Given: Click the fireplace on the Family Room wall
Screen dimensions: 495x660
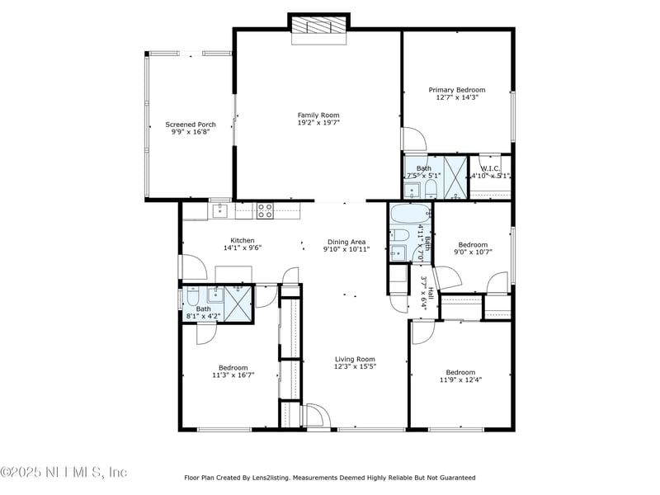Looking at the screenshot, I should point(318,26).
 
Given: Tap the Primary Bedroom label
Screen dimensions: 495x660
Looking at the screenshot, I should point(456,90).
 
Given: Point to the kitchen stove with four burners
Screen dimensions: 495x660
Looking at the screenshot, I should point(265,210).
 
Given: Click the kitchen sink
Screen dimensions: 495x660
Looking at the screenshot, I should point(220,211).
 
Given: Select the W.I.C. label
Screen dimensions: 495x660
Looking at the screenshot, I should point(490,168).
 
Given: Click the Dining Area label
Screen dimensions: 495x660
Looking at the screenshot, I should point(346,242).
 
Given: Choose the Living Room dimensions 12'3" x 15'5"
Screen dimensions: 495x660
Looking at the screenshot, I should point(355,367).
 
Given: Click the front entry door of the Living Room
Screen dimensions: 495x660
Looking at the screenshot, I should point(317,415).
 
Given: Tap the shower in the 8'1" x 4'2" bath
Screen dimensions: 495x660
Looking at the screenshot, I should point(239,304).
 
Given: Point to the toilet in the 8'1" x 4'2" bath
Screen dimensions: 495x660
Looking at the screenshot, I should point(191,297).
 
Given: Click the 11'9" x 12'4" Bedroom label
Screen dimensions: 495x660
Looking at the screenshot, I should point(460,372).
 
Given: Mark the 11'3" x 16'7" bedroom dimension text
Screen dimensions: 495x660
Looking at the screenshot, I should point(233,375).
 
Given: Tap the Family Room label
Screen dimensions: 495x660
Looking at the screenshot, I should point(318,115).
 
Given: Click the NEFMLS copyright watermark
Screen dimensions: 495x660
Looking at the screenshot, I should point(64,472).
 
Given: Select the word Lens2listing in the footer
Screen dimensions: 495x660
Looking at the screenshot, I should point(291,478).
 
